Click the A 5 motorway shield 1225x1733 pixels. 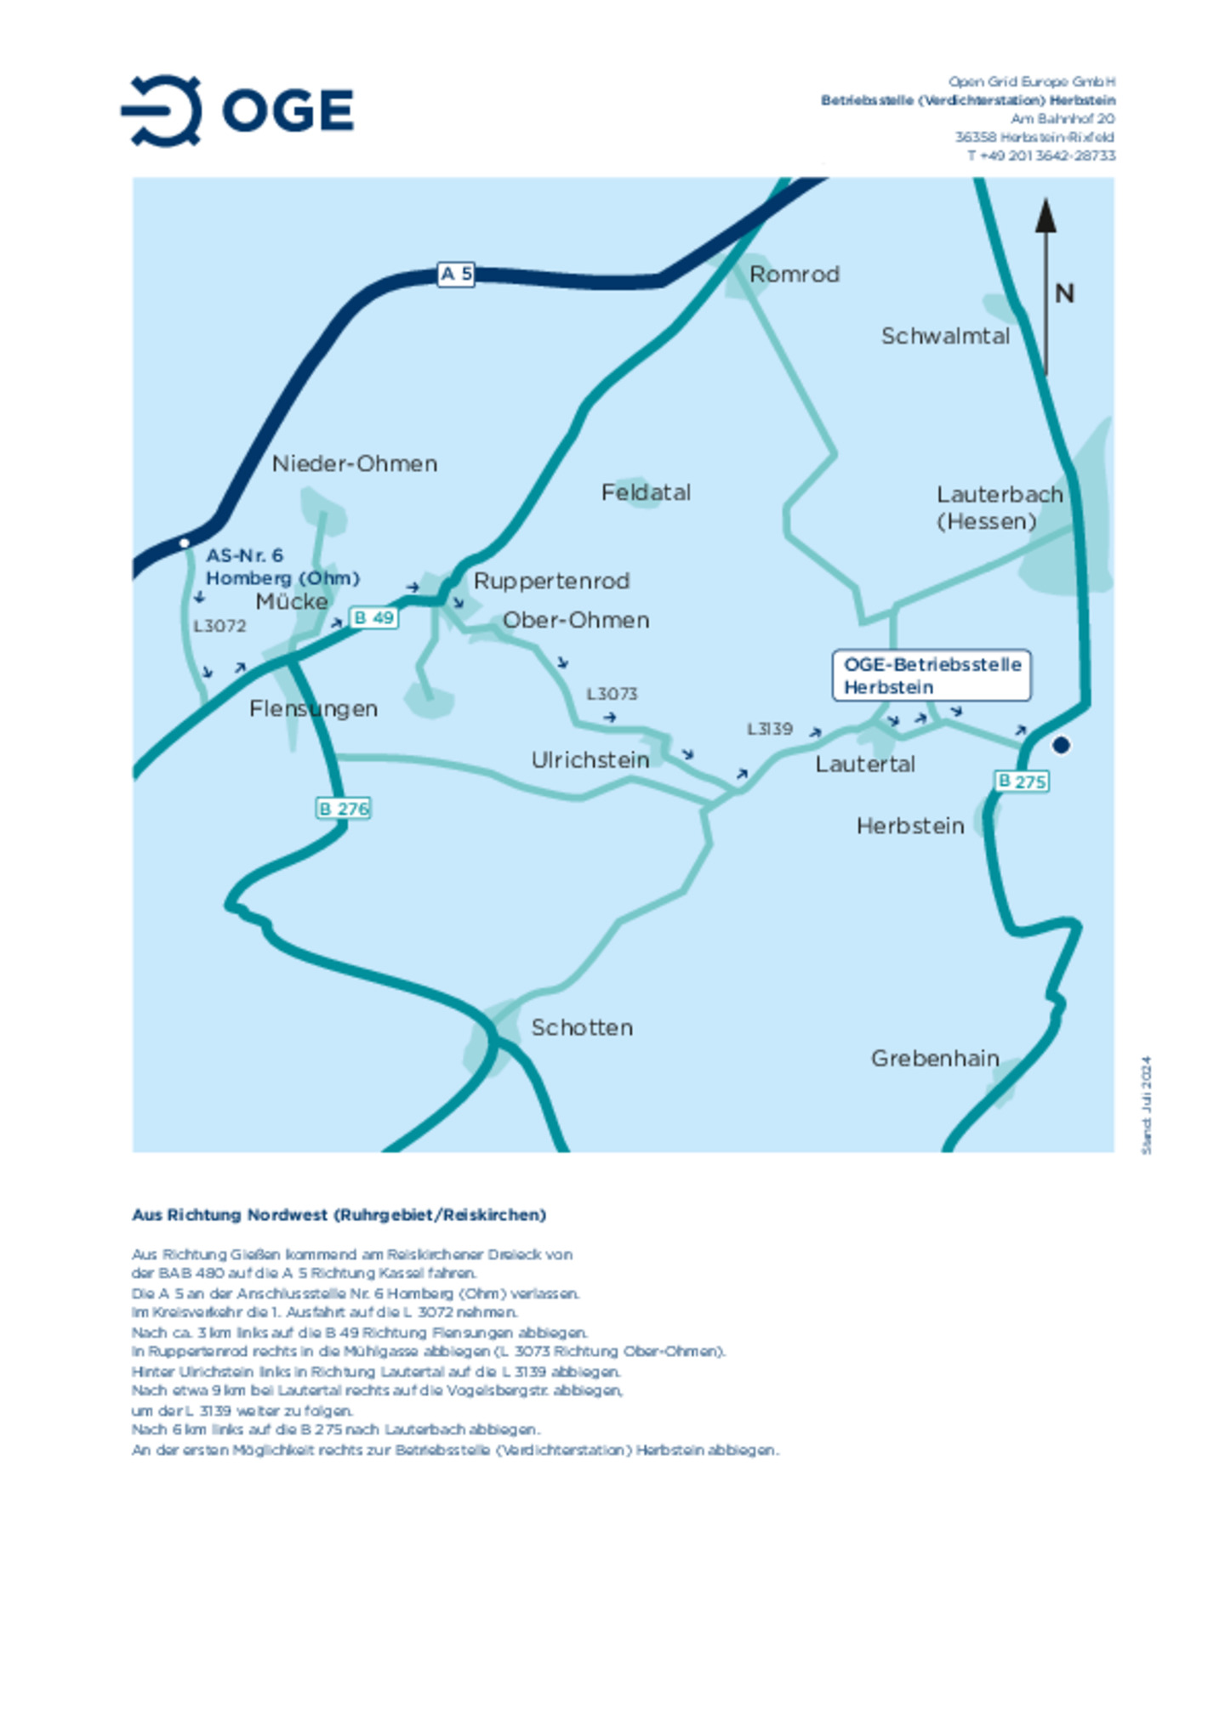(455, 274)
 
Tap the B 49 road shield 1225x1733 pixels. (373, 618)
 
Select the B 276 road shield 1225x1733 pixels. (343, 809)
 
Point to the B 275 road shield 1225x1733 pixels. (1021, 781)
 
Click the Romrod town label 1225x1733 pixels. (794, 275)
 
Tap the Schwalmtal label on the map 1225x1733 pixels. (944, 337)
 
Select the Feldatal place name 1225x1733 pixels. (646, 493)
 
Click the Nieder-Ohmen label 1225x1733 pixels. (354, 464)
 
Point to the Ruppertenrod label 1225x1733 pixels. (551, 582)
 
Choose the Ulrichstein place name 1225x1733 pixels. (590, 760)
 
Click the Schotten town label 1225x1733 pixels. (582, 1028)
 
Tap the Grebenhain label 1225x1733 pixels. (934, 1059)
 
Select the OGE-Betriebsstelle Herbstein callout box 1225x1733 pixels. (932, 676)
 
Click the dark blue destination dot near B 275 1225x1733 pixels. (1060, 746)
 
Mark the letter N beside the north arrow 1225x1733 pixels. (1064, 294)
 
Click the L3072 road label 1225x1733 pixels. (219, 627)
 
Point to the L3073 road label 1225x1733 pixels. (611, 694)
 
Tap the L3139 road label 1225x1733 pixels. (769, 730)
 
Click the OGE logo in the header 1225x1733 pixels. (237, 111)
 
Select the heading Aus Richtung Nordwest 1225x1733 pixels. (339, 1215)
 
